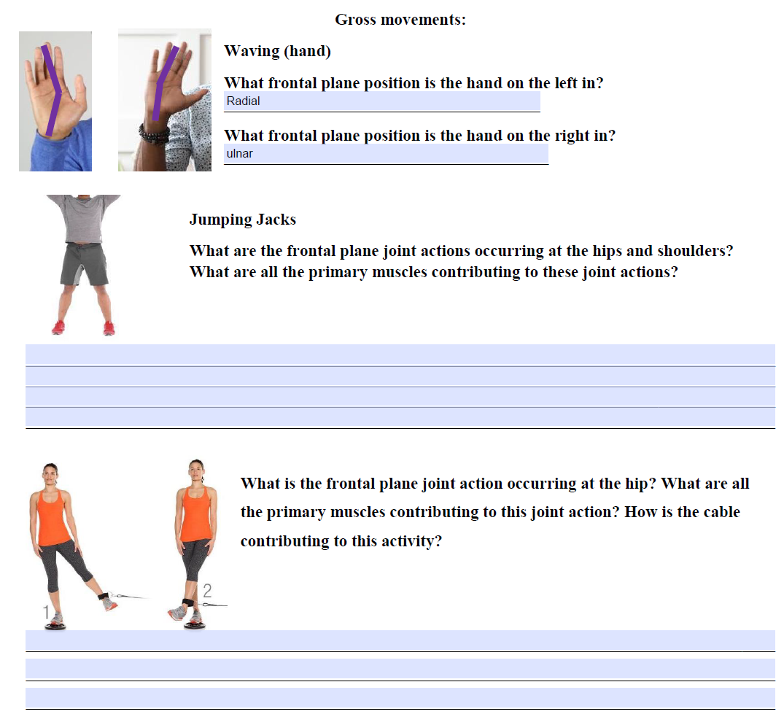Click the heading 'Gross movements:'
click(400, 20)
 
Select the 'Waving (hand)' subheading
click(277, 51)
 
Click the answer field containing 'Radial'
click(381, 101)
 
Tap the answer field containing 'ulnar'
click(386, 154)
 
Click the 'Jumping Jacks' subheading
click(242, 220)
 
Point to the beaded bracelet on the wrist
click(154, 133)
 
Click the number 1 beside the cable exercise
click(46, 613)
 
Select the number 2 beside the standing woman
click(207, 590)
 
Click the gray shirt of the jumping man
click(86, 219)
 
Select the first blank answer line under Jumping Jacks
click(400, 354)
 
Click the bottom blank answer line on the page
click(400, 697)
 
